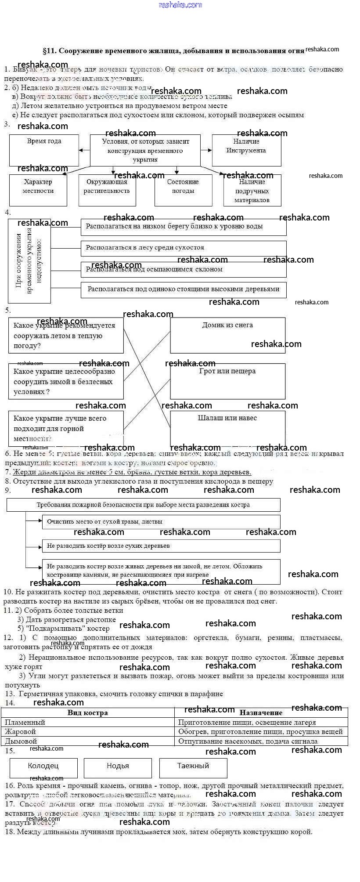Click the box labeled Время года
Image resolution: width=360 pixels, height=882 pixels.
tap(44, 150)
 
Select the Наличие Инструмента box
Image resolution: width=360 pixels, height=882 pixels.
tap(246, 150)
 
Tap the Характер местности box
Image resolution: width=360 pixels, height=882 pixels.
tap(38, 190)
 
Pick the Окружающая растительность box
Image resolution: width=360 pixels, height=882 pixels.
tap(107, 190)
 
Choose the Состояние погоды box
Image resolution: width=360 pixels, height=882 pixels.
tap(183, 190)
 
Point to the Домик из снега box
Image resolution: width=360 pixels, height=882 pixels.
tap(227, 335)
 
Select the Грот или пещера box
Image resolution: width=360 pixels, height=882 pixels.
tap(227, 381)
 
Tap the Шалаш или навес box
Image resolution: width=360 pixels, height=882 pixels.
tap(227, 428)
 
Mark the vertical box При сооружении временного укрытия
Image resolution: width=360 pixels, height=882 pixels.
tap(29, 261)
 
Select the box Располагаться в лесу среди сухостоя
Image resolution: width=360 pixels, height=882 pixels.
tap(184, 248)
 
